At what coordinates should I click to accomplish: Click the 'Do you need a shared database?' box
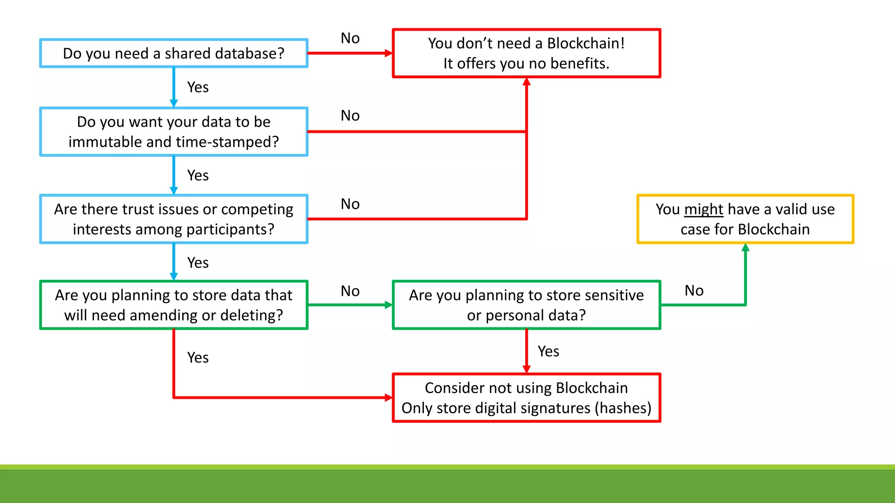(x=173, y=53)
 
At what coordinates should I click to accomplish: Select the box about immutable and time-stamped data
(x=173, y=131)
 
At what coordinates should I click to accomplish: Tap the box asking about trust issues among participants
(x=173, y=219)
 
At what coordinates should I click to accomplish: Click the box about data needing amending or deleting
(x=173, y=305)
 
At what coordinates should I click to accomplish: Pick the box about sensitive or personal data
(x=526, y=305)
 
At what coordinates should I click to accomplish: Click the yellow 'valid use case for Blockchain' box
(x=745, y=219)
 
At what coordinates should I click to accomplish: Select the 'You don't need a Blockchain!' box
(x=526, y=53)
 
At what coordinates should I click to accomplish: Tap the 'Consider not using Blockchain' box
(x=526, y=397)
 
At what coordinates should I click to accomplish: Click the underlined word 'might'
(x=704, y=209)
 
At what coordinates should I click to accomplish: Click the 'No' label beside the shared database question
(x=350, y=38)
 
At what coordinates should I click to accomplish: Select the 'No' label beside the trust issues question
(x=350, y=204)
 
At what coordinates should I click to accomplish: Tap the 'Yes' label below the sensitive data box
(x=548, y=351)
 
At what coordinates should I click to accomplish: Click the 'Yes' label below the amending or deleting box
(x=198, y=357)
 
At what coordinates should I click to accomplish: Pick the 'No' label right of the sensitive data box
(x=694, y=290)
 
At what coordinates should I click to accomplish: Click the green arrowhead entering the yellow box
(x=746, y=248)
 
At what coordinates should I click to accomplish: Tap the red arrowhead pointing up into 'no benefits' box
(x=527, y=82)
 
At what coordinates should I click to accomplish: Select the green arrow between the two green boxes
(x=350, y=305)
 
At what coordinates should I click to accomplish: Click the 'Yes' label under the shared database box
(x=198, y=87)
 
